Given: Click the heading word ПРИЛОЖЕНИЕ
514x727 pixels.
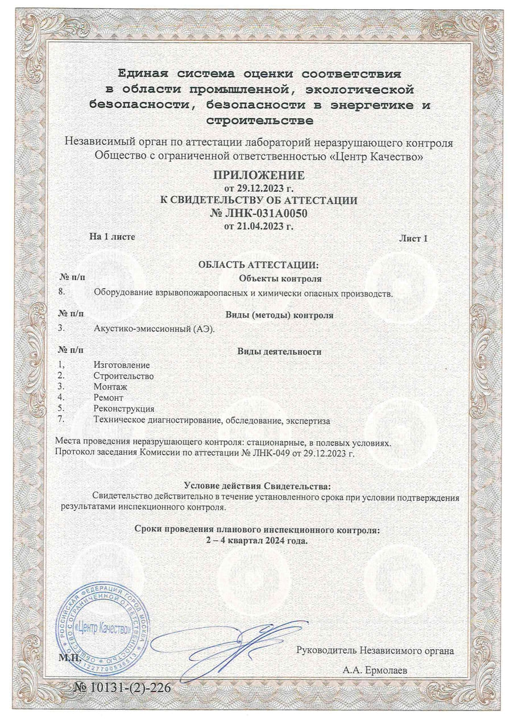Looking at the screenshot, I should point(259,174).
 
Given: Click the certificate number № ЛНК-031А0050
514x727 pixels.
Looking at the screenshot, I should point(259,214).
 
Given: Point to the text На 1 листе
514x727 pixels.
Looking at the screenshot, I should point(112,236).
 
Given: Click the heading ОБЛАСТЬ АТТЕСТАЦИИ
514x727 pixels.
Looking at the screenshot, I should point(259,265).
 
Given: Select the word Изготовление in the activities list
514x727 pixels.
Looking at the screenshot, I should point(121,365).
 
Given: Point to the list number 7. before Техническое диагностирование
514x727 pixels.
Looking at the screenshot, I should point(62,420).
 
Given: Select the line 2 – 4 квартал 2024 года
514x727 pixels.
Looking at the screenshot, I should point(257,541).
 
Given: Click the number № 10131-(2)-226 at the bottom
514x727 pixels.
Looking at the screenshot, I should point(122,688).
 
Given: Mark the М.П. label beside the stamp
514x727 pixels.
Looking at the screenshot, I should point(66,658).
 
